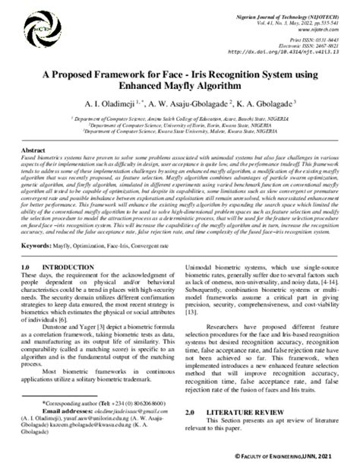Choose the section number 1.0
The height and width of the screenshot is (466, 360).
28,268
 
